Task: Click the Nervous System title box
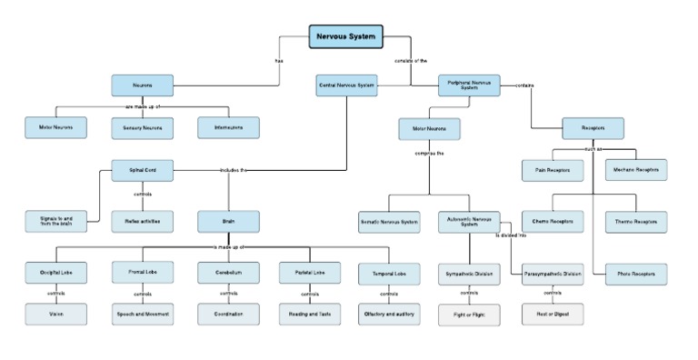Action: pyautogui.click(x=345, y=36)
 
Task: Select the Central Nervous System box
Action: pyautogui.click(x=346, y=85)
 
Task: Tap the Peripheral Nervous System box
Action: pyautogui.click(x=470, y=85)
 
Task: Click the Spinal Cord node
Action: pyautogui.click(x=142, y=169)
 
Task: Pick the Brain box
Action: pyautogui.click(x=228, y=221)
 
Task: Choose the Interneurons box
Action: pyautogui.click(x=228, y=128)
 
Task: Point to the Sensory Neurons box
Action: pyautogui.click(x=142, y=128)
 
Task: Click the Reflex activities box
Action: pyautogui.click(x=142, y=221)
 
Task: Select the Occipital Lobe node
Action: pyautogui.click(x=55, y=272)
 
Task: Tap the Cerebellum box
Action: pyautogui.click(x=228, y=272)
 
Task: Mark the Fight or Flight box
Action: pyautogui.click(x=469, y=314)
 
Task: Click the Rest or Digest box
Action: pyautogui.click(x=553, y=314)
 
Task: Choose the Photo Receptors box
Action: pyautogui.click(x=636, y=273)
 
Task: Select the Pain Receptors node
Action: pyautogui.click(x=553, y=169)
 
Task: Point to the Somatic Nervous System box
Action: pyautogui.click(x=388, y=221)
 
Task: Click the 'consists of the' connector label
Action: pyautogui.click(x=411, y=61)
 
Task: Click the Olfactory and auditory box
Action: pyautogui.click(x=388, y=314)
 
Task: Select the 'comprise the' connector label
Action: pyautogui.click(x=430, y=154)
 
